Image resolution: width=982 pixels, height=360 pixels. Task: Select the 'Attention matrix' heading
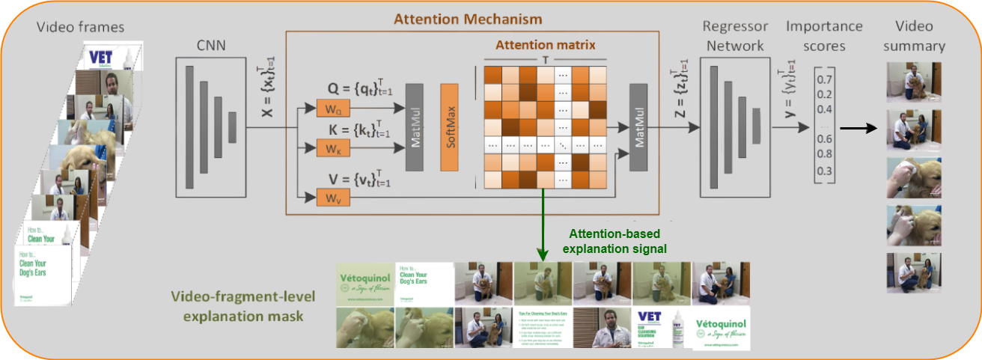click(x=544, y=45)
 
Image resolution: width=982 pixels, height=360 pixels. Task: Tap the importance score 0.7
click(x=824, y=79)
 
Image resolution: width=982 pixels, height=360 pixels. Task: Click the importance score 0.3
click(x=824, y=171)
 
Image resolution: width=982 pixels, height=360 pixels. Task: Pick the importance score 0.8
click(x=824, y=154)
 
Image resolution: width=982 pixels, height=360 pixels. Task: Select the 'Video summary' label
click(x=914, y=36)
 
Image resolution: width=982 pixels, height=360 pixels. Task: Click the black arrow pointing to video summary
click(x=857, y=127)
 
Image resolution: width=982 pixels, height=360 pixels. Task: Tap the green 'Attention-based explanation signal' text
click(x=614, y=240)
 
